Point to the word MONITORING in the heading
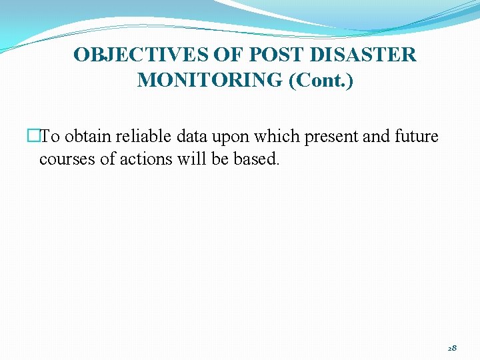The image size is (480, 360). [x=209, y=80]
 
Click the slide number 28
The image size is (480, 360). [x=452, y=348]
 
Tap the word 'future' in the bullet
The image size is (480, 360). [x=417, y=137]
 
